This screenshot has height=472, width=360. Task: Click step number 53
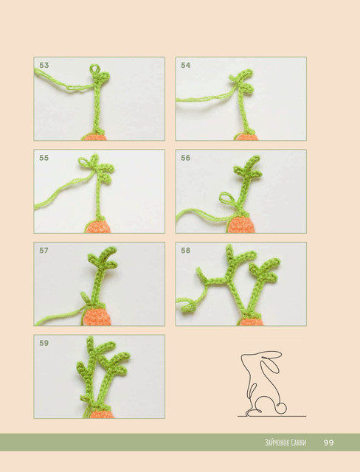coord(44,66)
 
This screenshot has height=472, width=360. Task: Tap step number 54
coord(186,66)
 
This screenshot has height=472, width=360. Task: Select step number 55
coord(44,158)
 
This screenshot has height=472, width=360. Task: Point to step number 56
coord(186,158)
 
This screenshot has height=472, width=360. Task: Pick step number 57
coord(44,251)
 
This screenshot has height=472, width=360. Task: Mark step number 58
coord(186,251)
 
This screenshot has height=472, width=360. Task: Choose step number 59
coord(44,343)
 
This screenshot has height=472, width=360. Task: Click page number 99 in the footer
coord(329,442)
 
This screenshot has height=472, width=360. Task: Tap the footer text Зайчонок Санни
coord(285,442)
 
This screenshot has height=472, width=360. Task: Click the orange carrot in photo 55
coord(98,227)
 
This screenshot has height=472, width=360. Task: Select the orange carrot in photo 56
coord(241,224)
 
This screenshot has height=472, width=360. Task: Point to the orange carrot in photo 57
coord(97,317)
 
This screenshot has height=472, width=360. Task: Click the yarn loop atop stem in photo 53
coord(95,69)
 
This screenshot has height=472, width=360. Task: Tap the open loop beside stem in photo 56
coord(228,198)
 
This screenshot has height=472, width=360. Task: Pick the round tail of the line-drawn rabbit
coord(282,409)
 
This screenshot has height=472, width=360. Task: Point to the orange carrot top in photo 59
coord(102,414)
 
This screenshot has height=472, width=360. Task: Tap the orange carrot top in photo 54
coord(247,138)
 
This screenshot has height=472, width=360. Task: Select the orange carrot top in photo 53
coord(95,138)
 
